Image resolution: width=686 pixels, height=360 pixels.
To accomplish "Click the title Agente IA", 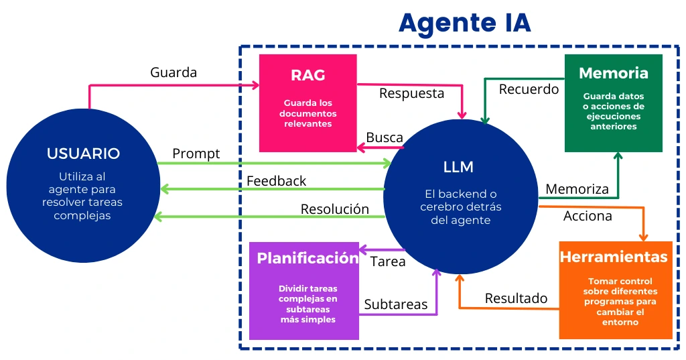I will [464, 23].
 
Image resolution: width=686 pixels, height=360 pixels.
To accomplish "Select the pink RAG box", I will [307, 103].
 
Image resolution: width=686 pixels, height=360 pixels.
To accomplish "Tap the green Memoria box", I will [613, 103].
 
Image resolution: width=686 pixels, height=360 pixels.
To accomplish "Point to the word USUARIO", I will [83, 154].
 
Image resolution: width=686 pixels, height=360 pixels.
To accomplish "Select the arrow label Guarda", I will [174, 72].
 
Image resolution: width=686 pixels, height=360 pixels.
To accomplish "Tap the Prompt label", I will [196, 154].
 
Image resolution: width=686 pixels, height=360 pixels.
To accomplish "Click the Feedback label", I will [276, 181].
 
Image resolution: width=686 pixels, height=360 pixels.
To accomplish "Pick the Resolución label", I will [334, 209].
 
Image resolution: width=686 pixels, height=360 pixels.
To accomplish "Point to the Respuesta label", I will [411, 93].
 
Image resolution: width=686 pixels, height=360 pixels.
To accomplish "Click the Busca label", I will [385, 138].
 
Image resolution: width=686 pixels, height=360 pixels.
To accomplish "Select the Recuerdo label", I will [529, 89].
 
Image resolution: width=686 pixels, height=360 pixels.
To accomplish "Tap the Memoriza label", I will [577, 189].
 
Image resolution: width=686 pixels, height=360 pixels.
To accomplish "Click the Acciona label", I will [588, 216].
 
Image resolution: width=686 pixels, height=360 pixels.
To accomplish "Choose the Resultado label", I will [516, 298].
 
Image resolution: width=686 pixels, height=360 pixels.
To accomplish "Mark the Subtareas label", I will [395, 304].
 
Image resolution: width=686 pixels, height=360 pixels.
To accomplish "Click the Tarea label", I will [388, 261].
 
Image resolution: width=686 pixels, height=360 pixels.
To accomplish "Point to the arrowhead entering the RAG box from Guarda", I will [255, 85].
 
